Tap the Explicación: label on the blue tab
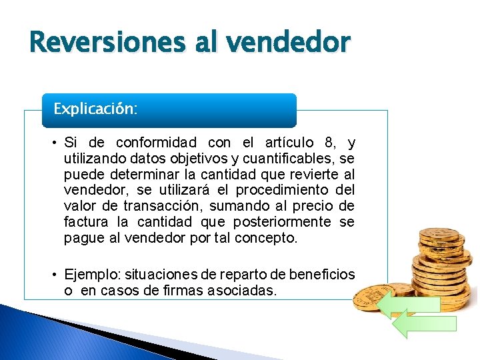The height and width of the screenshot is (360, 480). pos(96,109)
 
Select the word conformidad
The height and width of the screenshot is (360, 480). pos(156,143)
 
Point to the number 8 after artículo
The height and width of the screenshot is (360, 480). pos(328,143)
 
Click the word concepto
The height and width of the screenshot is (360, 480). pos(266,238)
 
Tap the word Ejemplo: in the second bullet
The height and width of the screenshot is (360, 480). pos(90,275)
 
